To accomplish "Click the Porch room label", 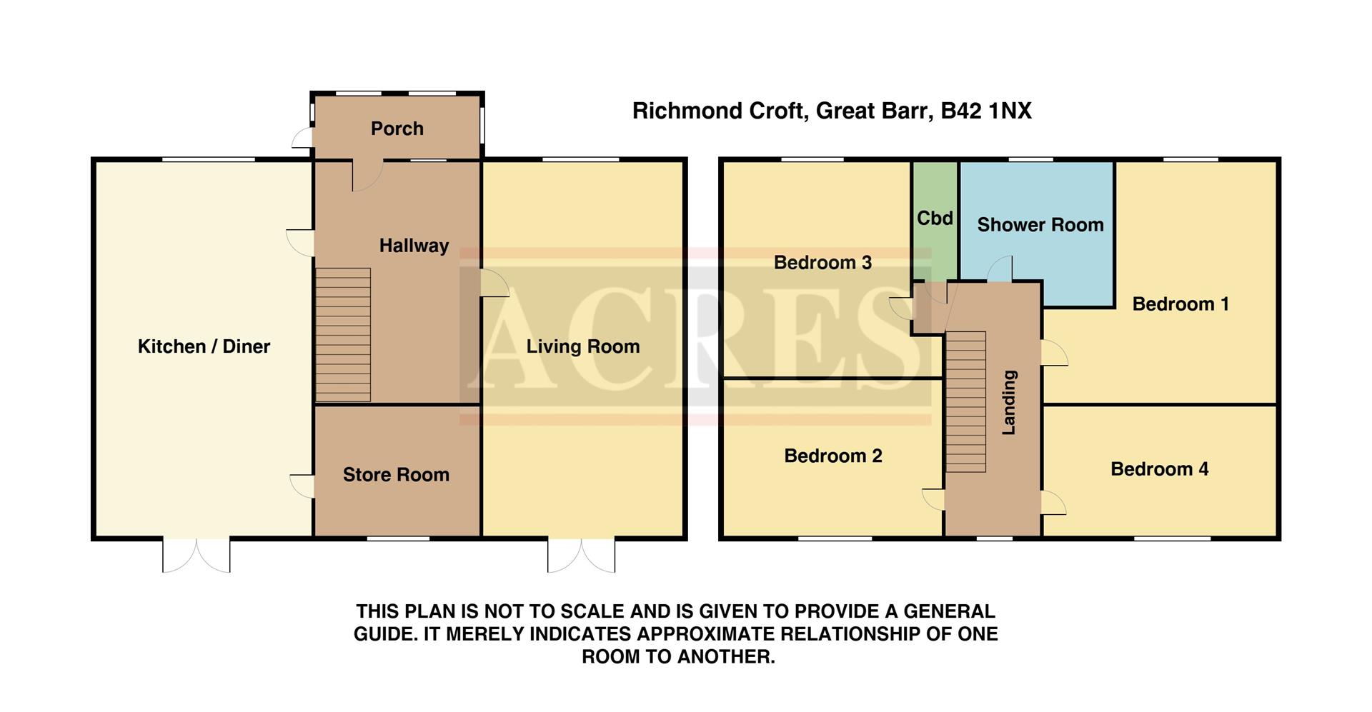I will point(397,129).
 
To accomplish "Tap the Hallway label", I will point(414,246).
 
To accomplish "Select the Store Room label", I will point(396,475).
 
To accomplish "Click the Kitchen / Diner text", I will point(204,346).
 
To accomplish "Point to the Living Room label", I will point(582,346).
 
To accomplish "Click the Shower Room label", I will point(1040,225).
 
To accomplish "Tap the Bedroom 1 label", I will point(1180,304).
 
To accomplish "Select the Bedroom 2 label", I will point(832,456).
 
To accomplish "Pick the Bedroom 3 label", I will point(822,263).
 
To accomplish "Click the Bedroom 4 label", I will point(1159,469).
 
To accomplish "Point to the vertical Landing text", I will point(1008,402).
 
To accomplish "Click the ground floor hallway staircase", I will point(343,334).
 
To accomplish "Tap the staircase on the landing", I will point(966,401).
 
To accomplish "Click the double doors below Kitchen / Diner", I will point(197,555).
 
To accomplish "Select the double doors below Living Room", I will point(581,555).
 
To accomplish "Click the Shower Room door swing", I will point(1000,269).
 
